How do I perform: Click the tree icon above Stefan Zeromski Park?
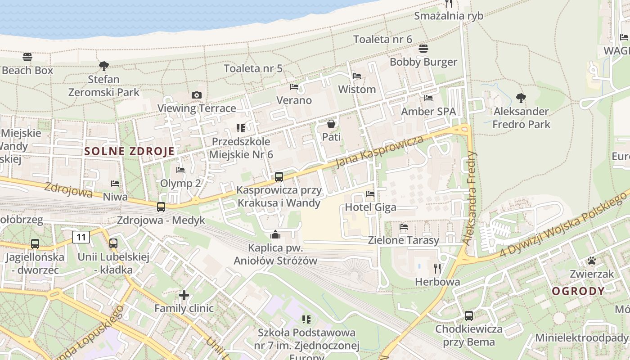pyautogui.click(x=104, y=66)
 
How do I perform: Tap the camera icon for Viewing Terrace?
pyautogui.click(x=197, y=95)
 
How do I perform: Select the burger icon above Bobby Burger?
pyautogui.click(x=423, y=49)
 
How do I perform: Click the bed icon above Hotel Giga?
pyautogui.click(x=370, y=194)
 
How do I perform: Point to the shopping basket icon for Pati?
pyautogui.click(x=331, y=124)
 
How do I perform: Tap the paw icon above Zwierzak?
pyautogui.click(x=591, y=261)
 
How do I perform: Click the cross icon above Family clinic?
pyautogui.click(x=184, y=295)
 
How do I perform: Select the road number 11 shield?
pyautogui.click(x=81, y=237)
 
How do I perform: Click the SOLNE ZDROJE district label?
pyautogui.click(x=129, y=151)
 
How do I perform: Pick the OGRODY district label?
pyautogui.click(x=578, y=291)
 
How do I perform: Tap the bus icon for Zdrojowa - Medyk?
pyautogui.click(x=161, y=207)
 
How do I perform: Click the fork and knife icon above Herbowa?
pyautogui.click(x=437, y=269)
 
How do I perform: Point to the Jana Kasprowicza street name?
pyautogui.click(x=380, y=151)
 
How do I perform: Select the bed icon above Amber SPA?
pyautogui.click(x=428, y=98)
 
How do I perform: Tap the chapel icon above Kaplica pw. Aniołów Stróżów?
pyautogui.click(x=275, y=234)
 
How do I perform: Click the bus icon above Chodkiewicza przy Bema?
pyautogui.click(x=469, y=315)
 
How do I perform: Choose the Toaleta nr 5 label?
pyautogui.click(x=253, y=68)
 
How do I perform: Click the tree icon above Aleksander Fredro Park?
pyautogui.click(x=521, y=98)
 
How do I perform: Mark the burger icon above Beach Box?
pyautogui.click(x=27, y=57)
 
